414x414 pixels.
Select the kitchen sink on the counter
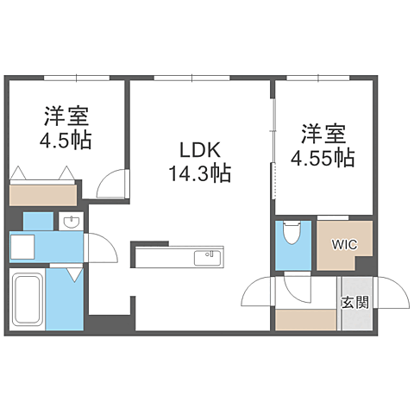coord(207,257)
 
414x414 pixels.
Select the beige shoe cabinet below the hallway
coord(305,320)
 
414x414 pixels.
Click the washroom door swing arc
coord(100,251)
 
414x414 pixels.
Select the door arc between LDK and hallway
coord(257,294)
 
